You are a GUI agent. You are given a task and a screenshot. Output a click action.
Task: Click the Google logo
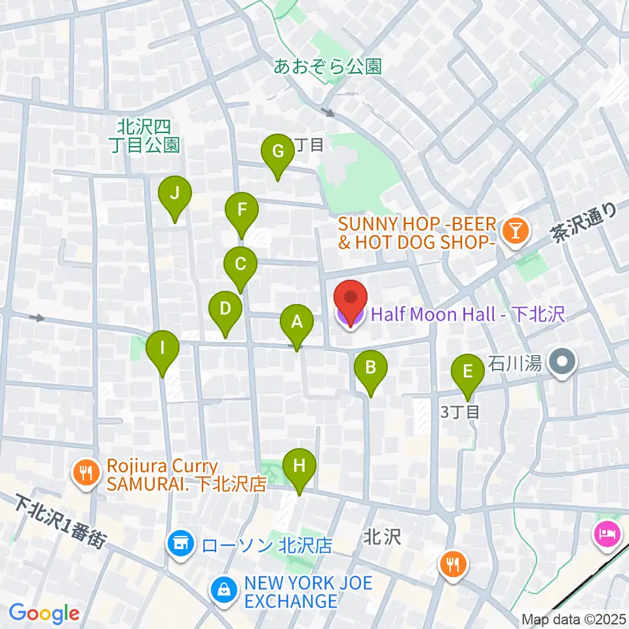(x=44, y=614)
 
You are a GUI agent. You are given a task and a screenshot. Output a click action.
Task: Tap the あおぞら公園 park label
(x=328, y=66)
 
